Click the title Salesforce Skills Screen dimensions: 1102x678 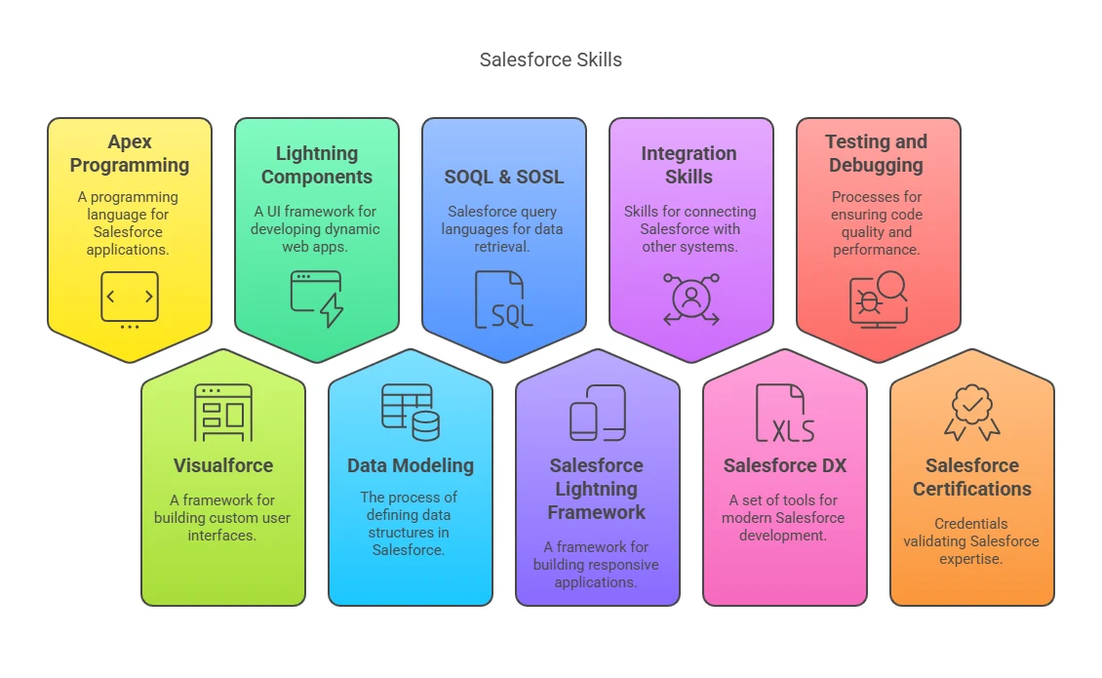(x=550, y=60)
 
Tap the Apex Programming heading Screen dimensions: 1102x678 (x=130, y=153)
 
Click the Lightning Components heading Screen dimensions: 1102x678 (x=317, y=165)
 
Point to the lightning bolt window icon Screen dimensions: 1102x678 (x=317, y=299)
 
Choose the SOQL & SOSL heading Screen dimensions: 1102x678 (x=504, y=177)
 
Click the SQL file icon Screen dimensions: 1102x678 (x=504, y=299)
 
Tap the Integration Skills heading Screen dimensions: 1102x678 (x=689, y=165)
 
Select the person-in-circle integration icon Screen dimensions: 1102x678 (x=691, y=299)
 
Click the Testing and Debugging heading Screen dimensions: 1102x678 (x=877, y=153)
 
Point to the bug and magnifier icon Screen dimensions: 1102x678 (x=879, y=299)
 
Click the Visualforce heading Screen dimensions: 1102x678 (x=223, y=465)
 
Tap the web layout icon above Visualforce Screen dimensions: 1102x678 (x=223, y=413)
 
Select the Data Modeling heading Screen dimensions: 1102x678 (x=411, y=465)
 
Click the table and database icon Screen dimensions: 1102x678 (x=411, y=413)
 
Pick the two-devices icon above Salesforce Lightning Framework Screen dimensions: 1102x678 (x=598, y=413)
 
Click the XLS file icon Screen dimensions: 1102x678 (x=785, y=413)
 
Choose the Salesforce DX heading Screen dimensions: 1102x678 (x=785, y=465)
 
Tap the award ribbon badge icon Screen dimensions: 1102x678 (x=972, y=413)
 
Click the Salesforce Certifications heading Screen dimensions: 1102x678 (x=972, y=477)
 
